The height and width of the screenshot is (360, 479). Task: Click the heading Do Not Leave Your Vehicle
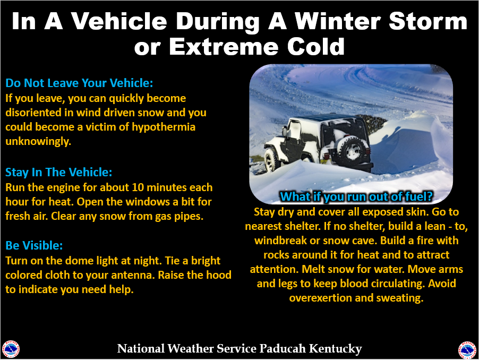pos(79,83)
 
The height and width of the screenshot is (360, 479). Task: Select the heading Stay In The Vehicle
pos(59,173)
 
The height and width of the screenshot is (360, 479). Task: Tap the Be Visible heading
pos(34,246)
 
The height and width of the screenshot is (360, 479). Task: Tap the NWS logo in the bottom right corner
pos(467,349)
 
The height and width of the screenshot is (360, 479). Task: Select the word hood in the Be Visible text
pos(219,276)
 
